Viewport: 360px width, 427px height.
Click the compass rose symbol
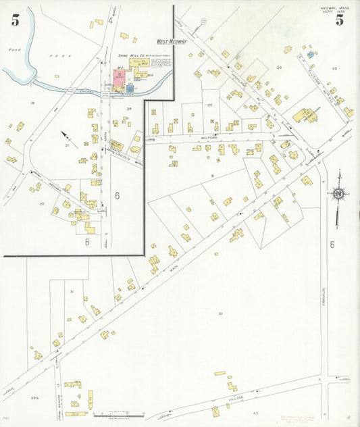click(338, 195)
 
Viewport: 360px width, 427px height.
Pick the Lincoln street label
click(122, 157)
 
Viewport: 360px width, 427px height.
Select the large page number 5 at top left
click(15, 20)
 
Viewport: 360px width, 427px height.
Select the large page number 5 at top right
click(339, 20)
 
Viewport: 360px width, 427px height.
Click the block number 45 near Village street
click(255, 412)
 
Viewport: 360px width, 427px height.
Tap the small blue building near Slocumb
click(311, 53)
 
